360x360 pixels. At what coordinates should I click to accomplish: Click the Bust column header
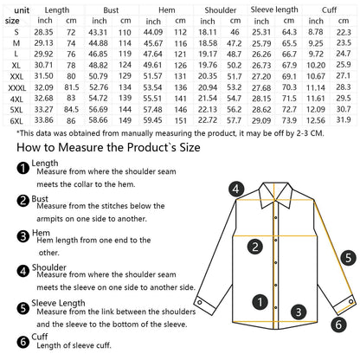pyautogui.click(x=111, y=10)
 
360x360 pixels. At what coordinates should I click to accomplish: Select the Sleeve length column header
pyautogui.click(x=274, y=10)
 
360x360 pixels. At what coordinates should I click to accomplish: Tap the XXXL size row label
pyautogui.click(x=16, y=87)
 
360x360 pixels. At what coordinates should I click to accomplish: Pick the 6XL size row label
pyautogui.click(x=16, y=121)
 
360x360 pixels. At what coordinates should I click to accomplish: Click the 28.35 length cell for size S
pyautogui.click(x=43, y=32)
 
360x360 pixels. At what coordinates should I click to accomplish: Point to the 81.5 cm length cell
pyautogui.click(x=72, y=87)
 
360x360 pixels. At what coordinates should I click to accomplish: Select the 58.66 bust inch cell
pyautogui.click(x=98, y=120)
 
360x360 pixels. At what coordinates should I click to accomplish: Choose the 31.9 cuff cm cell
pyautogui.click(x=344, y=120)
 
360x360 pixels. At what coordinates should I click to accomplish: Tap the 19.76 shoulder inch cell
pyautogui.click(x=208, y=65)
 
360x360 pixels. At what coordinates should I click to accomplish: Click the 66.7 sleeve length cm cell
pyautogui.click(x=289, y=55)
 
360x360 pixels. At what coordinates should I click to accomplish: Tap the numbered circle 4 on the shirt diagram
pyautogui.click(x=236, y=189)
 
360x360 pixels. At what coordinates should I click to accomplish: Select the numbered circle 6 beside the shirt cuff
pyautogui.click(x=338, y=325)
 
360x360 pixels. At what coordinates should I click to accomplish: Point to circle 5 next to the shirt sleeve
pyautogui.click(x=349, y=258)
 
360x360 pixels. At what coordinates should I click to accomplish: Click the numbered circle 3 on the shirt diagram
pyautogui.click(x=299, y=312)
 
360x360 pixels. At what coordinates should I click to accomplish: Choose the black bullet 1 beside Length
pyautogui.click(x=23, y=168)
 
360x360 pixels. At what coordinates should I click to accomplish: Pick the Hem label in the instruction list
pyautogui.click(x=41, y=233)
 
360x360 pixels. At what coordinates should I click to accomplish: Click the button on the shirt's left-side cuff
pyautogui.click(x=199, y=302)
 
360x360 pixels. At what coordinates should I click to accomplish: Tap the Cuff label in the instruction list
pyautogui.click(x=40, y=337)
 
